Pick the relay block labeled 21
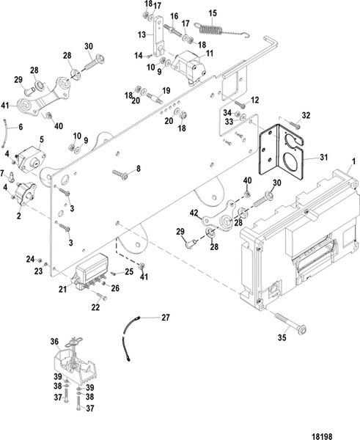tap(92, 269)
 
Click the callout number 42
tap(194, 213)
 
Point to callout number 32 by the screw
tap(306, 115)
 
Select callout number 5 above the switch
tap(41, 138)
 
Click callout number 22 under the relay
tap(95, 306)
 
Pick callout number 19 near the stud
tap(166, 90)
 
